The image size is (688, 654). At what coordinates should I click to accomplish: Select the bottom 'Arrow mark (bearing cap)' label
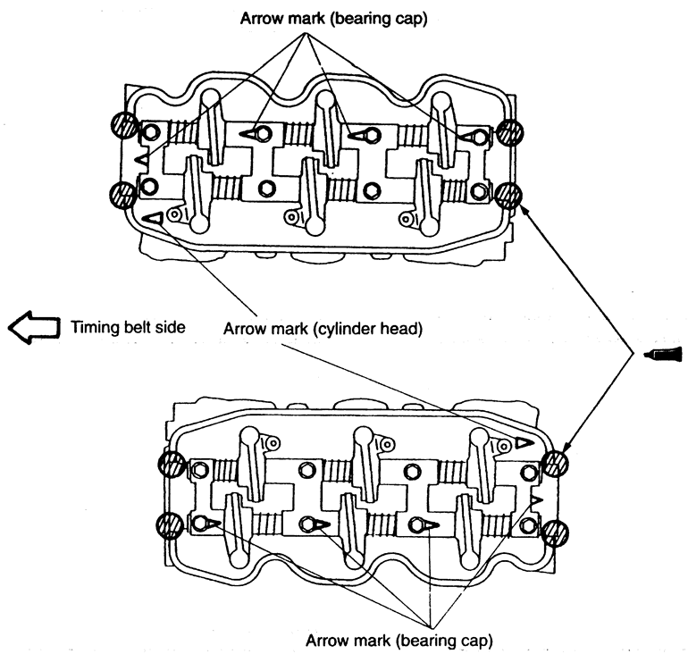point(399,640)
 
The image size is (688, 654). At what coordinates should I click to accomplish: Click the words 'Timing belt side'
point(129,327)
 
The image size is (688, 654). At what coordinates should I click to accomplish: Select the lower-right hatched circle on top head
point(509,194)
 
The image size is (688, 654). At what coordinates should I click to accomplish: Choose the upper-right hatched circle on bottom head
point(556,464)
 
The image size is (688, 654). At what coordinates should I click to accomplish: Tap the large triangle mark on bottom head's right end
point(521,442)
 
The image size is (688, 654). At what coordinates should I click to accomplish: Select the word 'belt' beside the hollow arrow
point(136,327)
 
